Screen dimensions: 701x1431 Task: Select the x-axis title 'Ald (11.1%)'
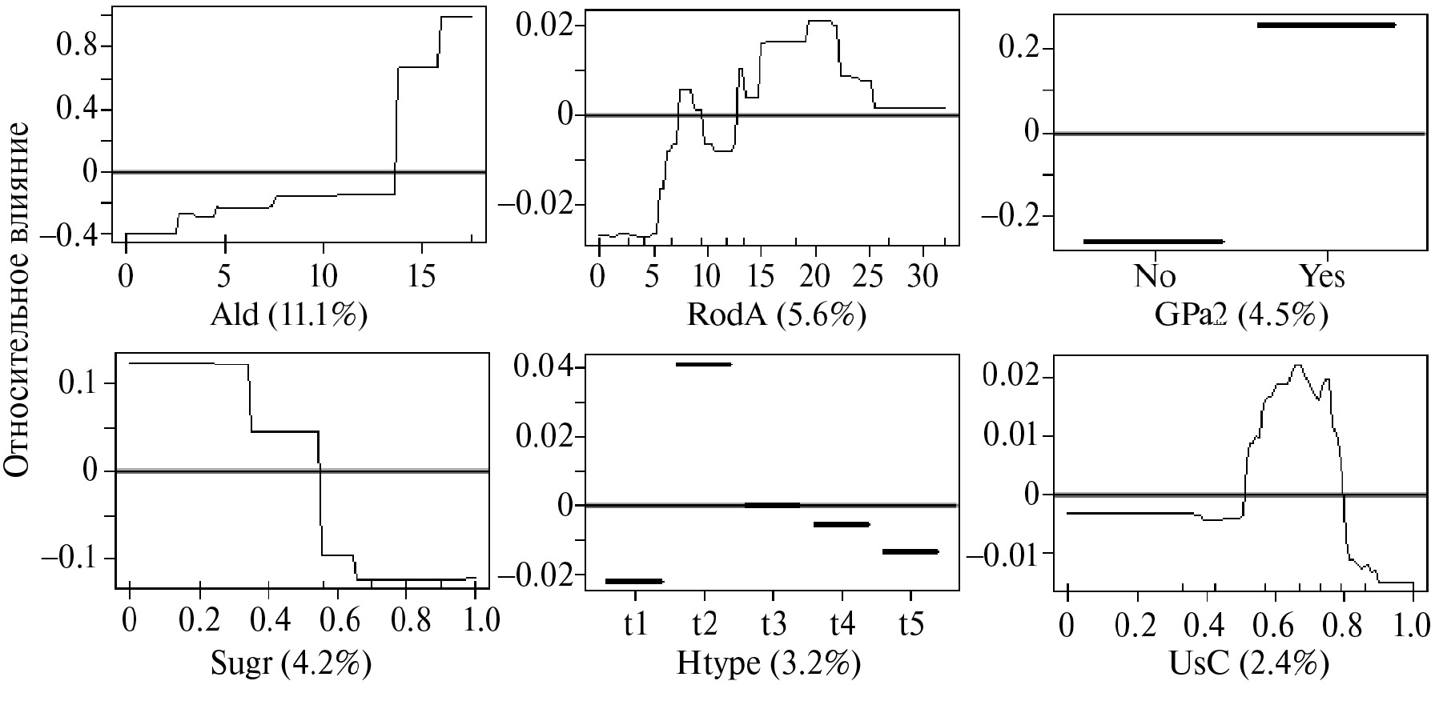click(x=288, y=315)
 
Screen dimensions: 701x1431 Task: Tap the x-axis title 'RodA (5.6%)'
click(x=776, y=315)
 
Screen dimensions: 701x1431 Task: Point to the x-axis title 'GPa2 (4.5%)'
click(x=1240, y=315)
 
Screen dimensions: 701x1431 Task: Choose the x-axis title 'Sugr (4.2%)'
click(x=290, y=663)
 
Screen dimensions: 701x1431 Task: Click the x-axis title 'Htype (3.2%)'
click(x=768, y=663)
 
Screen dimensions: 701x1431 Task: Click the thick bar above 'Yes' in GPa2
click(x=1325, y=26)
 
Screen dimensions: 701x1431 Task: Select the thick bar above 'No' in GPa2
click(x=1153, y=241)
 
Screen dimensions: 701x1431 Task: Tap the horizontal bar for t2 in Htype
click(x=703, y=364)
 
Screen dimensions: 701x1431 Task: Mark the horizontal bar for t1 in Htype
click(x=634, y=581)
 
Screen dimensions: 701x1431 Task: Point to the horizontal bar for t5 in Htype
click(x=910, y=551)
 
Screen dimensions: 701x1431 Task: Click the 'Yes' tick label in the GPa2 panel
click(x=1322, y=276)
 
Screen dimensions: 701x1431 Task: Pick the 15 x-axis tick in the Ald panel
click(x=421, y=276)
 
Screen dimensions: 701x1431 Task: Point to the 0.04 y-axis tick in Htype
click(x=545, y=368)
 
